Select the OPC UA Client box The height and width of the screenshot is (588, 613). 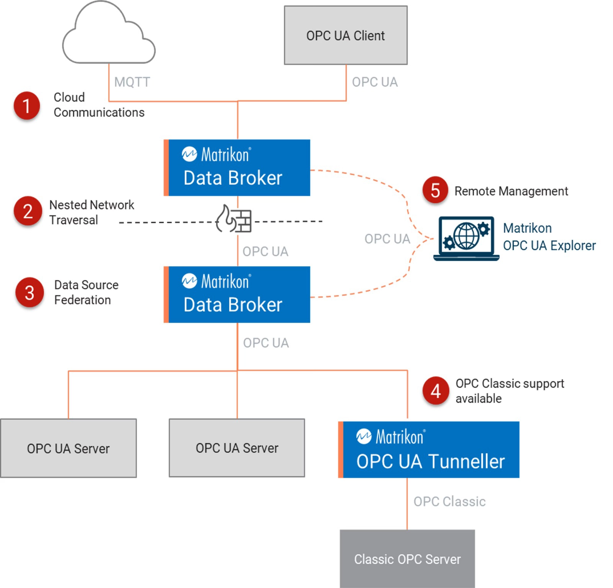(345, 35)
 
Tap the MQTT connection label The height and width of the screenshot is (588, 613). (132, 82)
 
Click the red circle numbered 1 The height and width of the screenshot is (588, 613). (27, 106)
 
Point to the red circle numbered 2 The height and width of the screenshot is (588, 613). (28, 211)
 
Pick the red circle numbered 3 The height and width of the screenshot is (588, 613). (30, 293)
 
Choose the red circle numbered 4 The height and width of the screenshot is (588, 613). (436, 391)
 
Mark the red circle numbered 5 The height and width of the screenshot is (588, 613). (435, 190)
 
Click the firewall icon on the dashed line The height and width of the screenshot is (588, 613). (234, 219)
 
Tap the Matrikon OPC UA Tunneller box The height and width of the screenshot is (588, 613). (429, 450)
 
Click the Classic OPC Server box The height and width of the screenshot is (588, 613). (407, 559)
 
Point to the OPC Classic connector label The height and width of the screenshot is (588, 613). (449, 501)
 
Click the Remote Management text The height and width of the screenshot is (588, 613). (511, 191)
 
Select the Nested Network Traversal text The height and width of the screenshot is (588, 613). (92, 212)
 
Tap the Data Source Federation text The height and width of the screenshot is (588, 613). (86, 292)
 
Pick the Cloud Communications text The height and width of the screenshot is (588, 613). (99, 105)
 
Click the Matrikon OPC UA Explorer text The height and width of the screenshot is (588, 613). (549, 237)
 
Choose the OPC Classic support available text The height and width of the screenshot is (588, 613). (510, 391)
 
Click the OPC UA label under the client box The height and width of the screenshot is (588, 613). (375, 82)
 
